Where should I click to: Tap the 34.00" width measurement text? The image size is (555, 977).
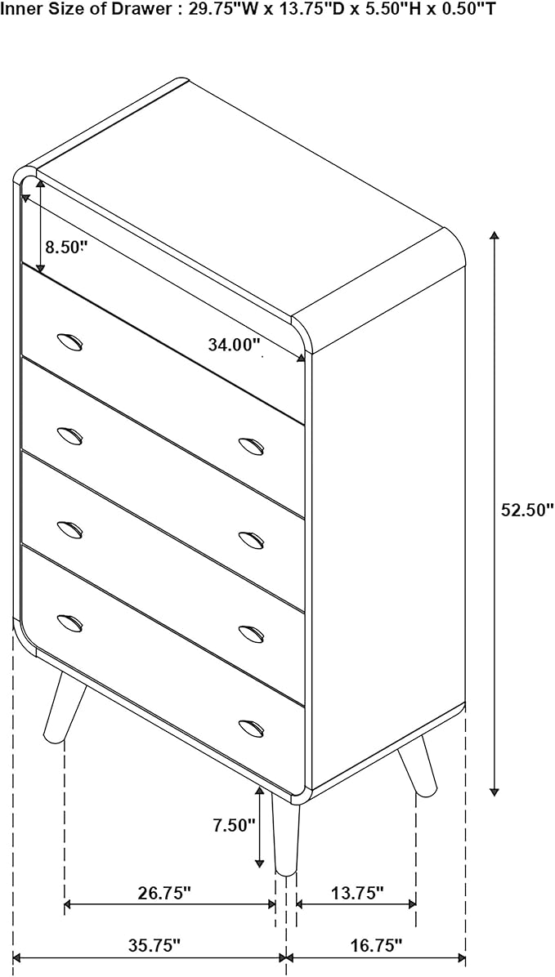234,344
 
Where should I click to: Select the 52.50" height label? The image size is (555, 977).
527,511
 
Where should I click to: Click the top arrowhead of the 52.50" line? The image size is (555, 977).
495,235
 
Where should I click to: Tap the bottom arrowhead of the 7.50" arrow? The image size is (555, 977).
259,863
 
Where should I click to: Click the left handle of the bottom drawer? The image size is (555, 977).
69,622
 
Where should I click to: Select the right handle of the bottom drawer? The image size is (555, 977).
251,728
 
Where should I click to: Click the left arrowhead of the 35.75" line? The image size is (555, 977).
17,957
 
